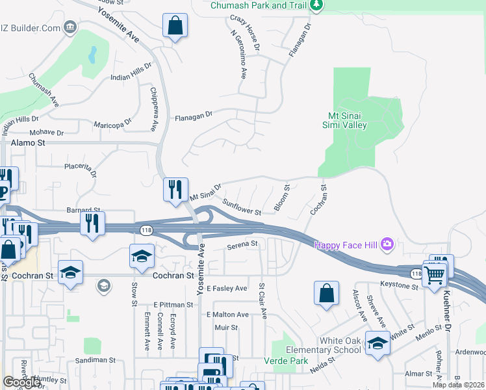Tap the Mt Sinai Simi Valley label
346,121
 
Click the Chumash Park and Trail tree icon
316,5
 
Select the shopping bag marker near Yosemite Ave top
175,27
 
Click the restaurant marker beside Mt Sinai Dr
175,189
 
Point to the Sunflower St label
241,207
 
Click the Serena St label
242,245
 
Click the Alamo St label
27,142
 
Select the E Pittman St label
173,304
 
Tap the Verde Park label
281,360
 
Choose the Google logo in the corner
22,383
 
